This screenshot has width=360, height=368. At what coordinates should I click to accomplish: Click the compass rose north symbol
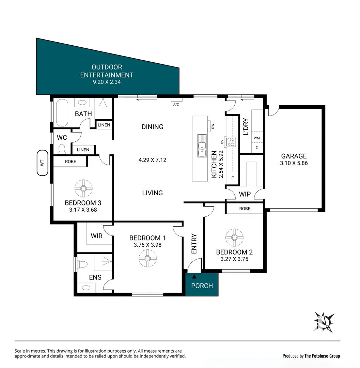[x=324, y=322]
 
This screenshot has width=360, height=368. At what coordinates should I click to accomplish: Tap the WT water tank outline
[x=43, y=163]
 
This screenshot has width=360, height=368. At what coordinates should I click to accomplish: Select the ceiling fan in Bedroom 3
[x=83, y=188]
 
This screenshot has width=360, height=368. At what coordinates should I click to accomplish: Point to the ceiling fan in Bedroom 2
[x=234, y=237]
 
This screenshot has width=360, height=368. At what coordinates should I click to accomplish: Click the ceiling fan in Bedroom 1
[x=147, y=258]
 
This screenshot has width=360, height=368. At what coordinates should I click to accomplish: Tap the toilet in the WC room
[x=62, y=149]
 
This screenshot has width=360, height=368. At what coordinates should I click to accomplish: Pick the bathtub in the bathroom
[x=62, y=113]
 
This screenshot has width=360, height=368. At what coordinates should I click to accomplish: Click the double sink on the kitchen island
[x=202, y=146]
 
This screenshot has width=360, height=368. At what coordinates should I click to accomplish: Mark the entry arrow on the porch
[x=194, y=277]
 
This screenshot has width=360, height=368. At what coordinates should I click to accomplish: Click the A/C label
[x=176, y=105]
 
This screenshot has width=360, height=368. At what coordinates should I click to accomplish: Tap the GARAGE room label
[x=294, y=156]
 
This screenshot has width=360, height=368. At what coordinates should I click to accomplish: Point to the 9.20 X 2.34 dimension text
[x=107, y=82]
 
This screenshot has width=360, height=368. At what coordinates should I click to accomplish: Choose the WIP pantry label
[x=245, y=194]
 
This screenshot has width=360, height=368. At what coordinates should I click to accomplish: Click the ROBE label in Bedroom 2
[x=245, y=209]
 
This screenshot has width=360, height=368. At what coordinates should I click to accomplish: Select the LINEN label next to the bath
[x=104, y=125]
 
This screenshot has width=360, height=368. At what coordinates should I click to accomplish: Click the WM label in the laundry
[x=257, y=138]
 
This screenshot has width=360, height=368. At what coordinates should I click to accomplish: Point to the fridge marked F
[x=233, y=178]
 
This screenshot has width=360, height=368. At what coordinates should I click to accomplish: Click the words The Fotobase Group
[x=322, y=356]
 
